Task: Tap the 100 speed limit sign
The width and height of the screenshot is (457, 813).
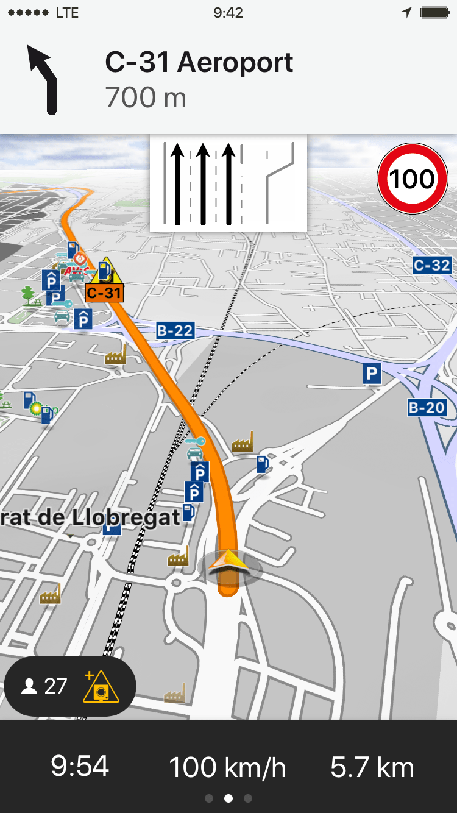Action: (x=413, y=179)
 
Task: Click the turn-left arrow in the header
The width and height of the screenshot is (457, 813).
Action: (x=43, y=79)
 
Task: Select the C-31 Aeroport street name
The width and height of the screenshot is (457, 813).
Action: (x=199, y=62)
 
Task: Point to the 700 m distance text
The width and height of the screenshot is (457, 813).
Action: (x=146, y=98)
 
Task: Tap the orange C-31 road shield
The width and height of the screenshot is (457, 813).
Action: (x=104, y=293)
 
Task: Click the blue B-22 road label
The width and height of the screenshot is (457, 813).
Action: (x=175, y=331)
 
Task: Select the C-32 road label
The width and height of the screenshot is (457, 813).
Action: (x=431, y=265)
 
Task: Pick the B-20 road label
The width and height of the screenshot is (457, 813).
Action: (x=427, y=408)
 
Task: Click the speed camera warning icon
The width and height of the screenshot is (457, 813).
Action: (x=101, y=687)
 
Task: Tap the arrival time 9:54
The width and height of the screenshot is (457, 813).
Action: (x=80, y=766)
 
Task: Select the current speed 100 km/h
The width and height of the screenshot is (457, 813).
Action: (x=227, y=767)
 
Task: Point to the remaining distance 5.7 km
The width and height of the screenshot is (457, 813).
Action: (x=372, y=767)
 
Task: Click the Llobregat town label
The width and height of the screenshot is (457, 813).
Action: (x=91, y=517)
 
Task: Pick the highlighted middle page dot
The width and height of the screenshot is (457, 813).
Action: (x=228, y=798)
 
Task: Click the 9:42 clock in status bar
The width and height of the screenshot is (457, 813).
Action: (x=228, y=13)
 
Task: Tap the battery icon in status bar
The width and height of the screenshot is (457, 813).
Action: (x=434, y=13)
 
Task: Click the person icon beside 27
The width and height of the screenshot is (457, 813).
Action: (x=29, y=687)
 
